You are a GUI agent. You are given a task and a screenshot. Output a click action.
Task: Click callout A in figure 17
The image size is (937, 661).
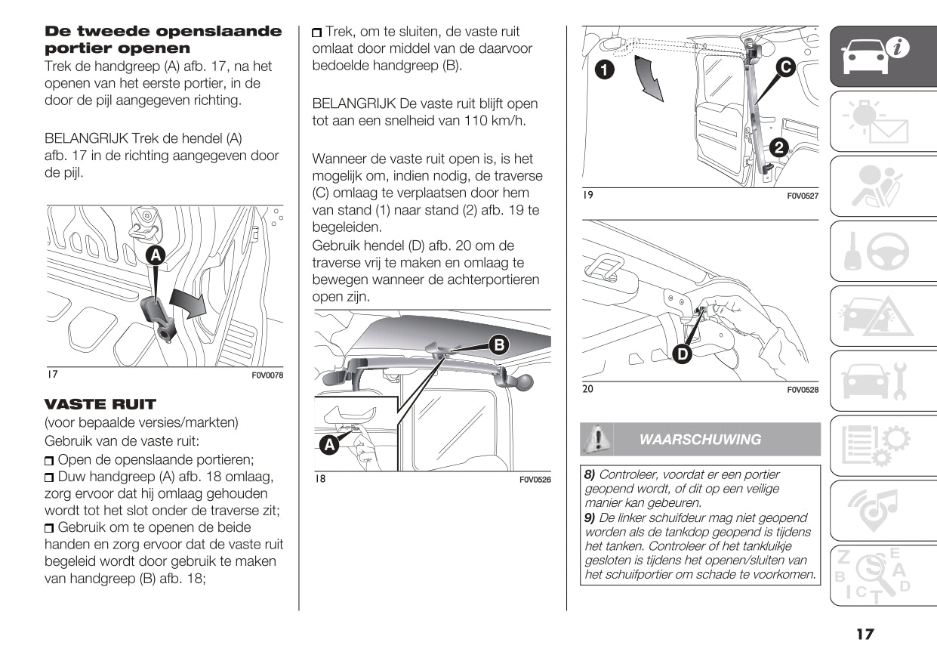[156, 255]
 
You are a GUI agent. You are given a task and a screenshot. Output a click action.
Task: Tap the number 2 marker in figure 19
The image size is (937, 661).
[780, 148]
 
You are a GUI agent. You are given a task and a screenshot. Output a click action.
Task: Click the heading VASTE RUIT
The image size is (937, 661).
[100, 404]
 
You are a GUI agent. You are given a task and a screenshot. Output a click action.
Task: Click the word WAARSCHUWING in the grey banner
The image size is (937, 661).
[700, 440]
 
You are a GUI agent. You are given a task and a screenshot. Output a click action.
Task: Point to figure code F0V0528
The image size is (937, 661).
[803, 390]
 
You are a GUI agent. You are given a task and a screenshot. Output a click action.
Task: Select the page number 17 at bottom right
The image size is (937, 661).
[865, 634]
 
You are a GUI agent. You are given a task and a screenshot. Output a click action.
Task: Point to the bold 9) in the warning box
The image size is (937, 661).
[590, 518]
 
